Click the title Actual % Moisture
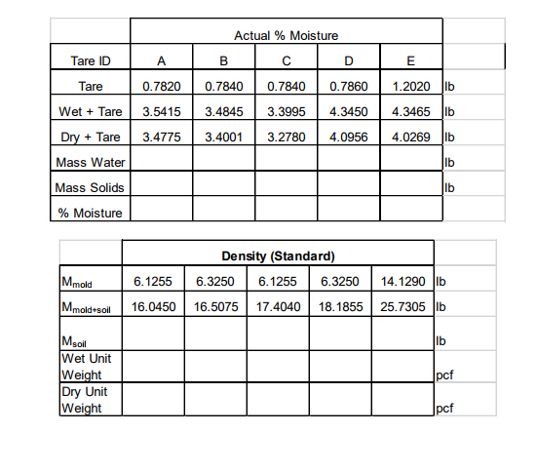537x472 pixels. pos(287,36)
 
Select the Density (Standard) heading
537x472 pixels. pos(278,257)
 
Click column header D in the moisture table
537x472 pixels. pos(347,61)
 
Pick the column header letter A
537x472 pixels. pos(160,61)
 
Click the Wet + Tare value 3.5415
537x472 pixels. pos(160,111)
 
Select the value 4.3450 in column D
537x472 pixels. pos(347,111)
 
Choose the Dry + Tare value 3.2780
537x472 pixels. pos(287,137)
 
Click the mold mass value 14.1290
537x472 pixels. pos(401,282)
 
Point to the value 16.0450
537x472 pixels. pos(153,307)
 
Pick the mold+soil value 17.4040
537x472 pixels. pos(278,307)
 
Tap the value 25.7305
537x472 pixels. pos(401,307)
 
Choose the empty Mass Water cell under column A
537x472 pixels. pos(160,162)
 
